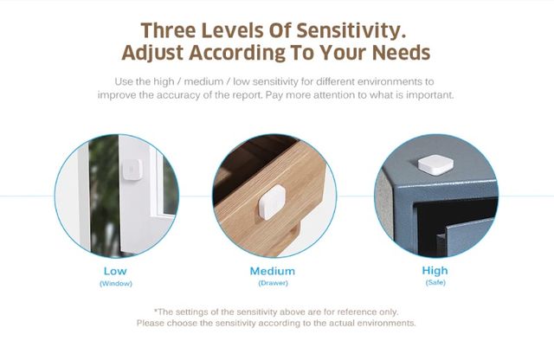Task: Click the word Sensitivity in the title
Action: tap(351, 31)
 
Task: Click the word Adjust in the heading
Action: tap(152, 54)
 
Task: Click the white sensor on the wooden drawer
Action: tap(272, 202)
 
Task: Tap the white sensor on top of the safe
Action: tap(435, 164)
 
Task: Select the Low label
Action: tap(115, 272)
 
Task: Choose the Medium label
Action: tap(273, 272)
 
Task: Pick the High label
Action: tap(435, 271)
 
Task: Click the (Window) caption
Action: tap(116, 283)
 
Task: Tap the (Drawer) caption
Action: tap(274, 283)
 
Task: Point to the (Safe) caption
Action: tap(435, 282)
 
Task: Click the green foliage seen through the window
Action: tap(104, 195)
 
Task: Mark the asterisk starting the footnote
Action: tap(156, 311)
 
